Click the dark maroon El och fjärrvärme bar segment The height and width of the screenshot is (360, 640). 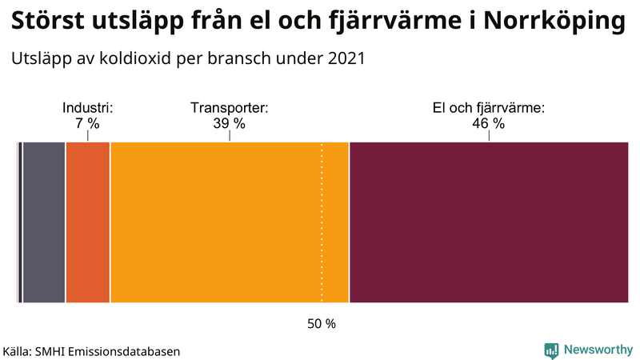pos(488,222)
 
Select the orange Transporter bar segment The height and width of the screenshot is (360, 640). pos(229,222)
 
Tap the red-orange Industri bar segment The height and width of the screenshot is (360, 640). pos(87,222)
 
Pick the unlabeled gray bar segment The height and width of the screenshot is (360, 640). pos(44,222)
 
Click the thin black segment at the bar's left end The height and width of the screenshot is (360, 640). pos(19,222)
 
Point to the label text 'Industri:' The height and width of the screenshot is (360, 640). pos(87,108)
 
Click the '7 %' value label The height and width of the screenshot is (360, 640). pos(87,123)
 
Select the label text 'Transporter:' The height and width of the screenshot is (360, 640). pos(229,108)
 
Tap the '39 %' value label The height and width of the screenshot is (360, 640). pos(229,123)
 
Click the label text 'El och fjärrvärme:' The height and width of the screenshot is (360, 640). pos(488,108)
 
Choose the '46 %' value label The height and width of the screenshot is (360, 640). pos(488,123)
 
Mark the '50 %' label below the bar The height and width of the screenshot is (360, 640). pos(322,324)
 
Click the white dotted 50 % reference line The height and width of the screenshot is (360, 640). pos(322,240)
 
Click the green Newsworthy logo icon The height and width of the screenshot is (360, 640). pos(551,350)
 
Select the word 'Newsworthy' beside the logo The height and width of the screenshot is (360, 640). pos(598,350)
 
